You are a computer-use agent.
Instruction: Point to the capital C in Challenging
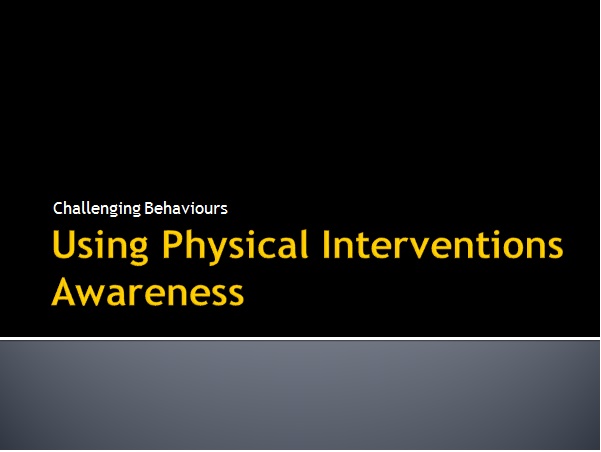pyautogui.click(x=58, y=209)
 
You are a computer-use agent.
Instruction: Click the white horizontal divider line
pyautogui.click(x=300, y=338)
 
